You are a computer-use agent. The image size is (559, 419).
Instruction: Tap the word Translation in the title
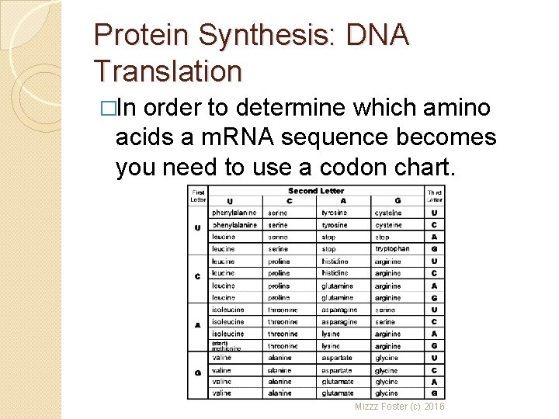click(x=168, y=71)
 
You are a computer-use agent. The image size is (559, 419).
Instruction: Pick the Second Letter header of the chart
click(x=316, y=190)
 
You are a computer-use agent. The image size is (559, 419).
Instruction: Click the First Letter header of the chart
click(x=198, y=195)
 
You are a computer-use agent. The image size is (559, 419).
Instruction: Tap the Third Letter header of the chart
click(x=435, y=196)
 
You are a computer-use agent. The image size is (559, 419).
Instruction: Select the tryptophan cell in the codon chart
click(x=392, y=249)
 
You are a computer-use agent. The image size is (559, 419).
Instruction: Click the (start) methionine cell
click(x=226, y=346)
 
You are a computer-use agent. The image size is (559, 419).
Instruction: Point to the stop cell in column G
click(x=383, y=237)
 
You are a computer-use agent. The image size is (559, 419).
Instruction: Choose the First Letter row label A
click(x=198, y=325)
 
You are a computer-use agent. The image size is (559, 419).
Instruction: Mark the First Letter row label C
click(x=198, y=276)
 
